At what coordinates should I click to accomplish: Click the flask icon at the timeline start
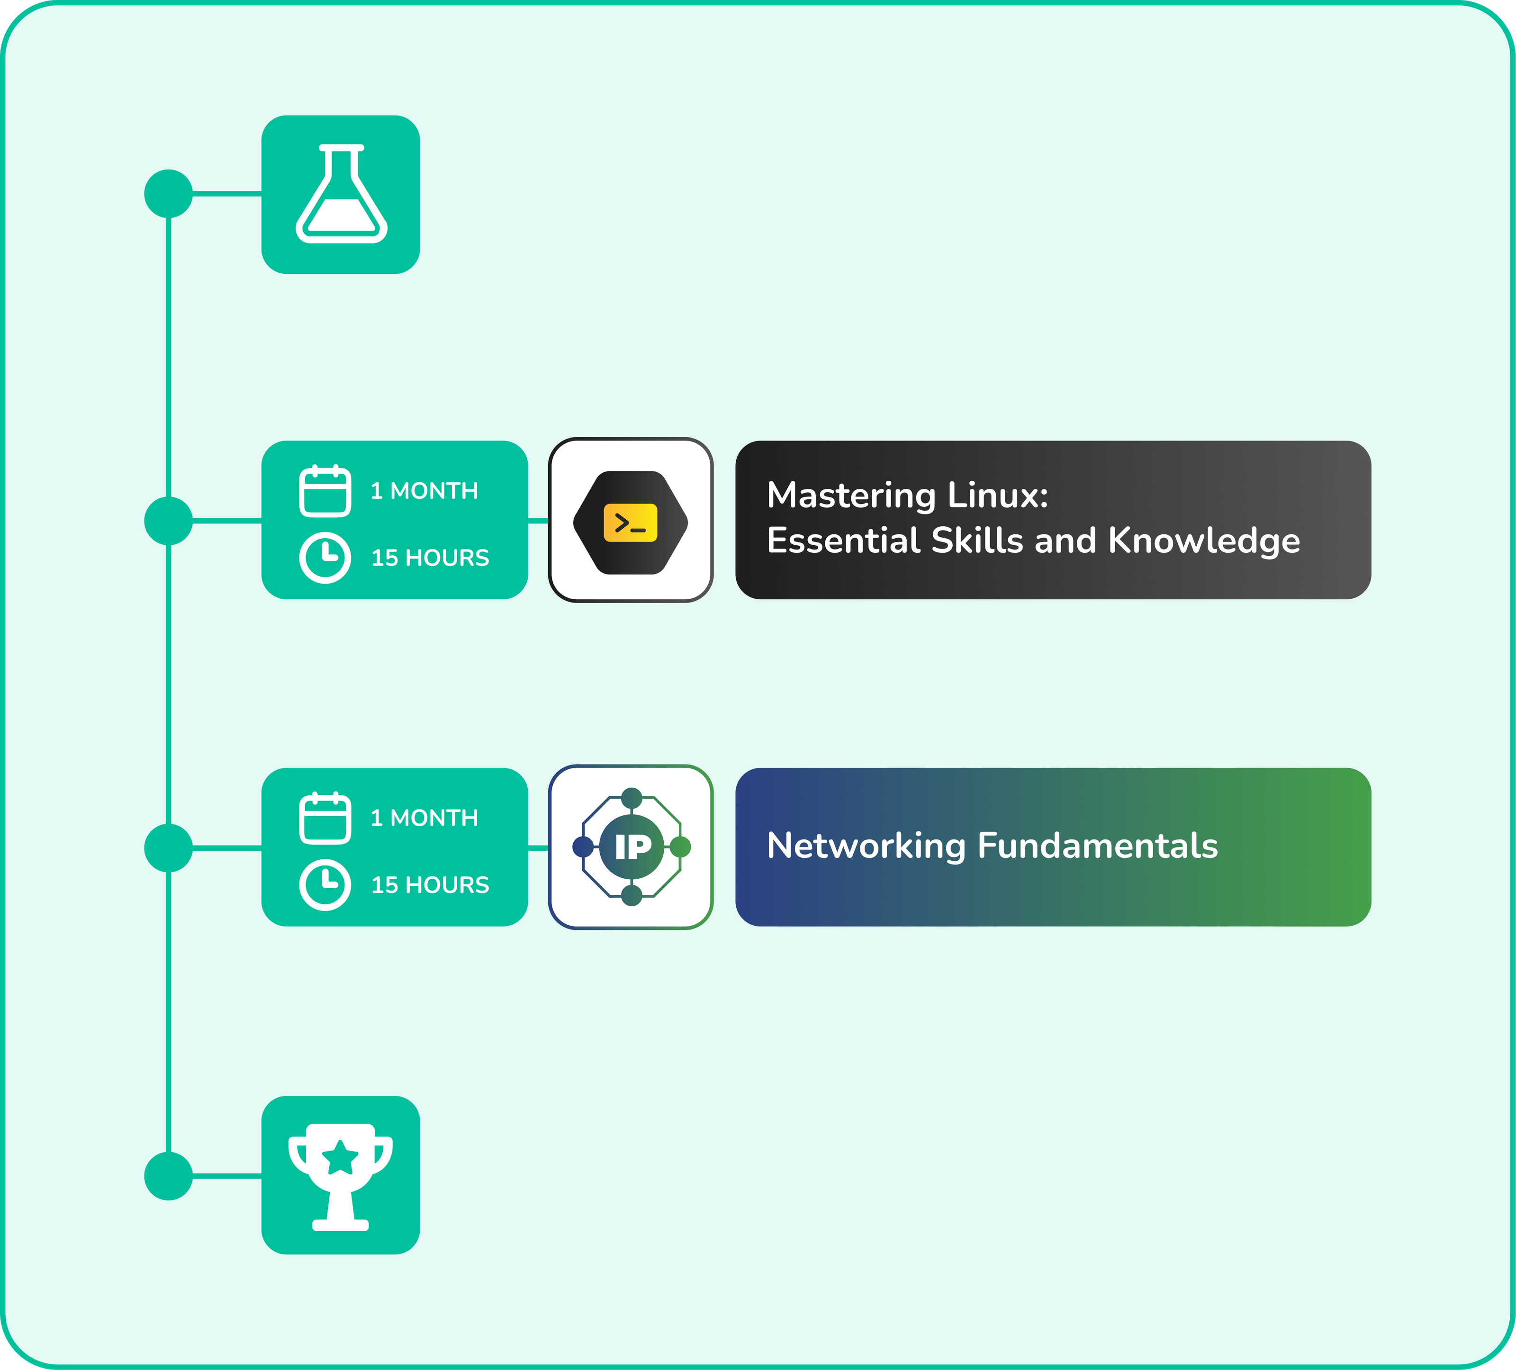coord(342,194)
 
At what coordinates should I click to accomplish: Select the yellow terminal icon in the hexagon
coord(630,523)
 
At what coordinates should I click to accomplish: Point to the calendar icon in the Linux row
coord(325,491)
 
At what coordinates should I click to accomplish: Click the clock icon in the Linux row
coord(325,558)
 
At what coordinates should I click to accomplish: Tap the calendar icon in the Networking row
coord(325,818)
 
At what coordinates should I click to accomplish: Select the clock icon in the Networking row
coord(325,885)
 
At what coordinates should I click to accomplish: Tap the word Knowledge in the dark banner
coord(1204,541)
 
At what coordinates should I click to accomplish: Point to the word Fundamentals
coord(1097,846)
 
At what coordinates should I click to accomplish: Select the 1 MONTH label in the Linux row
coord(424,491)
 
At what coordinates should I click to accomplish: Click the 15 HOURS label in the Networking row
coord(430,885)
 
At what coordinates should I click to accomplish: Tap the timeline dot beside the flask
coord(169,194)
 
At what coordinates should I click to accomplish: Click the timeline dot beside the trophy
coord(169,1176)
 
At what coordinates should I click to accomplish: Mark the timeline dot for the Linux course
coord(169,520)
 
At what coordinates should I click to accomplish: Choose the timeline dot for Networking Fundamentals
coord(169,848)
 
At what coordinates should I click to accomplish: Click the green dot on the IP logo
coord(680,847)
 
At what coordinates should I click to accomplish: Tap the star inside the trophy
coord(341,1158)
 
